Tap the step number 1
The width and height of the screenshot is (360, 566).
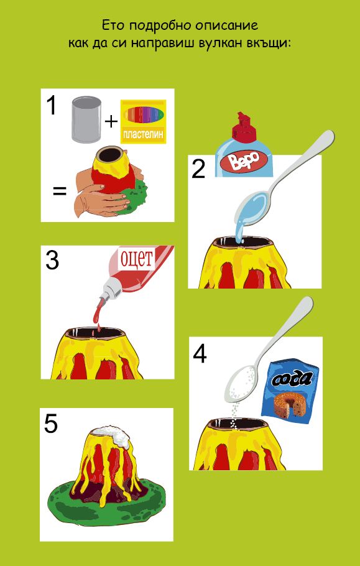click(52, 105)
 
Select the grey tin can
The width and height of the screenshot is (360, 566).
click(86, 119)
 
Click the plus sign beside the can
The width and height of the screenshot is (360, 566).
click(111, 122)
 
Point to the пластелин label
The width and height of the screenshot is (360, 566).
click(143, 135)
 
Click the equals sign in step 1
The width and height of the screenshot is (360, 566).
click(60, 192)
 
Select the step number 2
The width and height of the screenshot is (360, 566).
click(198, 169)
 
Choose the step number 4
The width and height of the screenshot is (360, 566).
click(200, 354)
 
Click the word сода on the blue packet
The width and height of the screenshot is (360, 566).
click(290, 379)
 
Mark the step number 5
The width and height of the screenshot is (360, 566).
click(51, 424)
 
